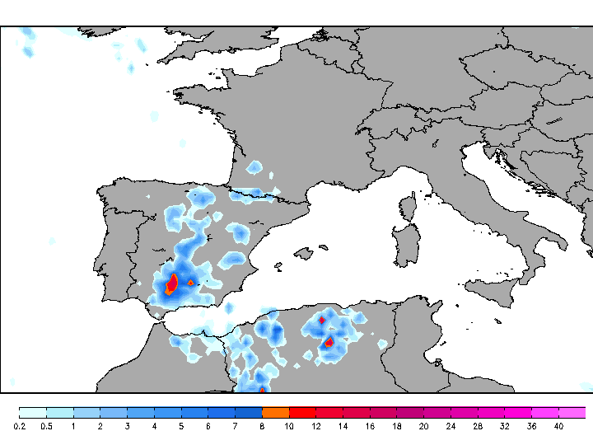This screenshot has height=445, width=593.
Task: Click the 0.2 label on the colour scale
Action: tap(19, 426)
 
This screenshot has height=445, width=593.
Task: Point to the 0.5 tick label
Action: tap(46, 426)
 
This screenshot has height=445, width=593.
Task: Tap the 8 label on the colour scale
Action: tap(262, 426)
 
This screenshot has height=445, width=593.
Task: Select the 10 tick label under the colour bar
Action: tap(289, 426)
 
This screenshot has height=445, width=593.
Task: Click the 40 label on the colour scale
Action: tap(558, 426)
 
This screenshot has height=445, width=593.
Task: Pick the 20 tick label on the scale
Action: tap(423, 426)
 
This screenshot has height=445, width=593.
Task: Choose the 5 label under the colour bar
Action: tap(181, 426)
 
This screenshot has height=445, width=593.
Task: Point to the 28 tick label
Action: tap(478, 426)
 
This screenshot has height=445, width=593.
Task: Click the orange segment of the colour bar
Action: tap(275, 412)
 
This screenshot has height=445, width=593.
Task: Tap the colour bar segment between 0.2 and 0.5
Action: tap(33, 412)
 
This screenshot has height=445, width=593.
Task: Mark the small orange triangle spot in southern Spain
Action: tap(191, 283)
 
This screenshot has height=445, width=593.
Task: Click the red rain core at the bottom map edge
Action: tap(262, 390)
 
